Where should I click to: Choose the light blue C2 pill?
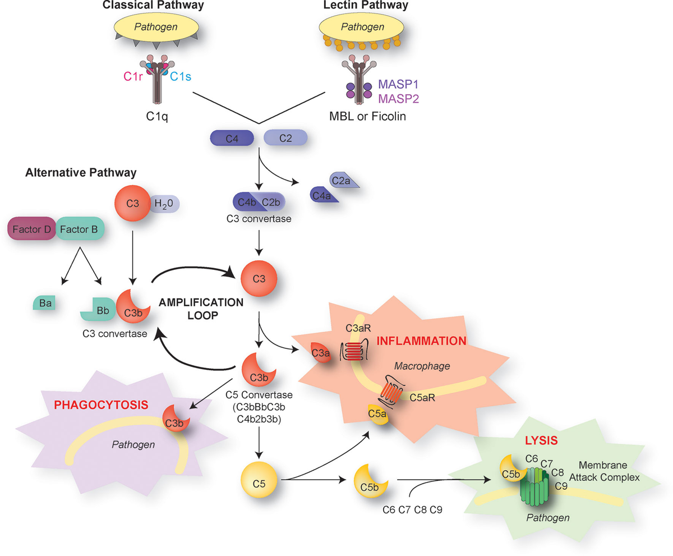[285, 138]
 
